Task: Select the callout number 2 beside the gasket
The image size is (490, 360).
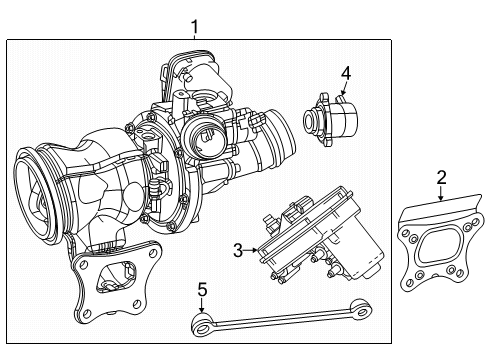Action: [441, 178]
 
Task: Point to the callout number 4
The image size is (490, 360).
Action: [345, 72]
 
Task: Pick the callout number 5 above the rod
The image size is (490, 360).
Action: [201, 291]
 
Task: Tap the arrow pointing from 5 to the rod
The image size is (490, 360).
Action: [202, 307]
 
